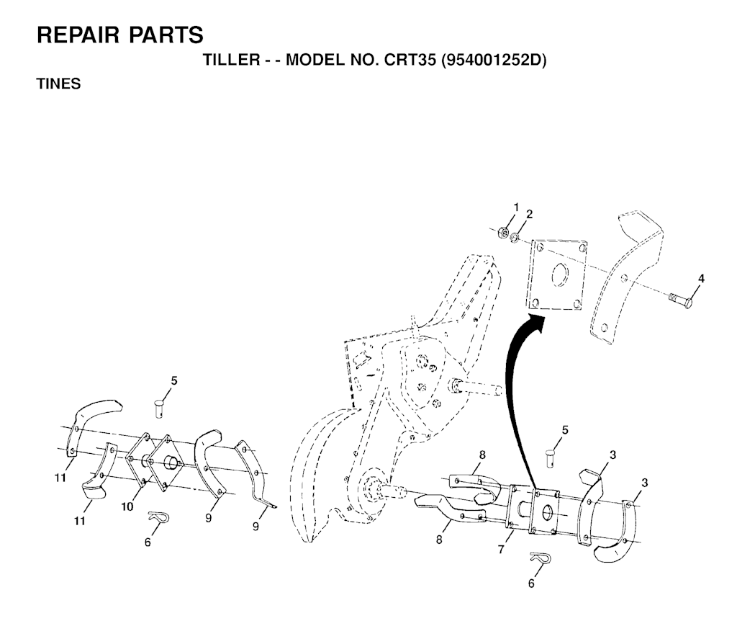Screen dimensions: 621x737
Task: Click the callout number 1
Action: tap(515, 207)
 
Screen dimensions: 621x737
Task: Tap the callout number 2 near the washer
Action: tap(529, 214)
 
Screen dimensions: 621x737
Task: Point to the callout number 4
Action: tap(702, 279)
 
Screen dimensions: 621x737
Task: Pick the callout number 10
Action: tap(127, 507)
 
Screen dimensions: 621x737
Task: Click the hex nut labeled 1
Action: tap(504, 232)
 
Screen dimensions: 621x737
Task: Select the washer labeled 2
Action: tap(516, 236)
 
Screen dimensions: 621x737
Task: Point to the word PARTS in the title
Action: tap(168, 34)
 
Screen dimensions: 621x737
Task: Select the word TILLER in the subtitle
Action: tap(228, 60)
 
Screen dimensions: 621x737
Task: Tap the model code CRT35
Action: tap(410, 60)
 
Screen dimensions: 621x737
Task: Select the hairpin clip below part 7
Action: tap(539, 558)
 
